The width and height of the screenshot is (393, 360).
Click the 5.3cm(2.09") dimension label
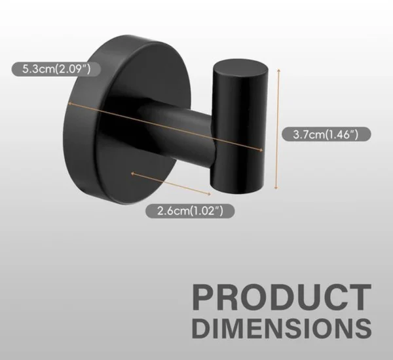pos(56,69)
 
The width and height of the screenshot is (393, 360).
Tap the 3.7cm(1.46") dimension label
pos(326,134)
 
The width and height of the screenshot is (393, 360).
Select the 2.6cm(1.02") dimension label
pos(190,210)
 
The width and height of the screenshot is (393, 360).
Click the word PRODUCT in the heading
pos(282,297)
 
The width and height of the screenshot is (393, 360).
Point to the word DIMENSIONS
pos(282,329)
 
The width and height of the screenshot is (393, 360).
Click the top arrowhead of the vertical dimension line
pos(278,71)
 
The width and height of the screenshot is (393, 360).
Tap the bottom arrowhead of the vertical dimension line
pos(276,187)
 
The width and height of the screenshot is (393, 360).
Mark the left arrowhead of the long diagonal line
pos(70,104)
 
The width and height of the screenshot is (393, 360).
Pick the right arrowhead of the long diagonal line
pos(261,150)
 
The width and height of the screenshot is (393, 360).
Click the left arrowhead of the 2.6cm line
pos(133,173)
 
